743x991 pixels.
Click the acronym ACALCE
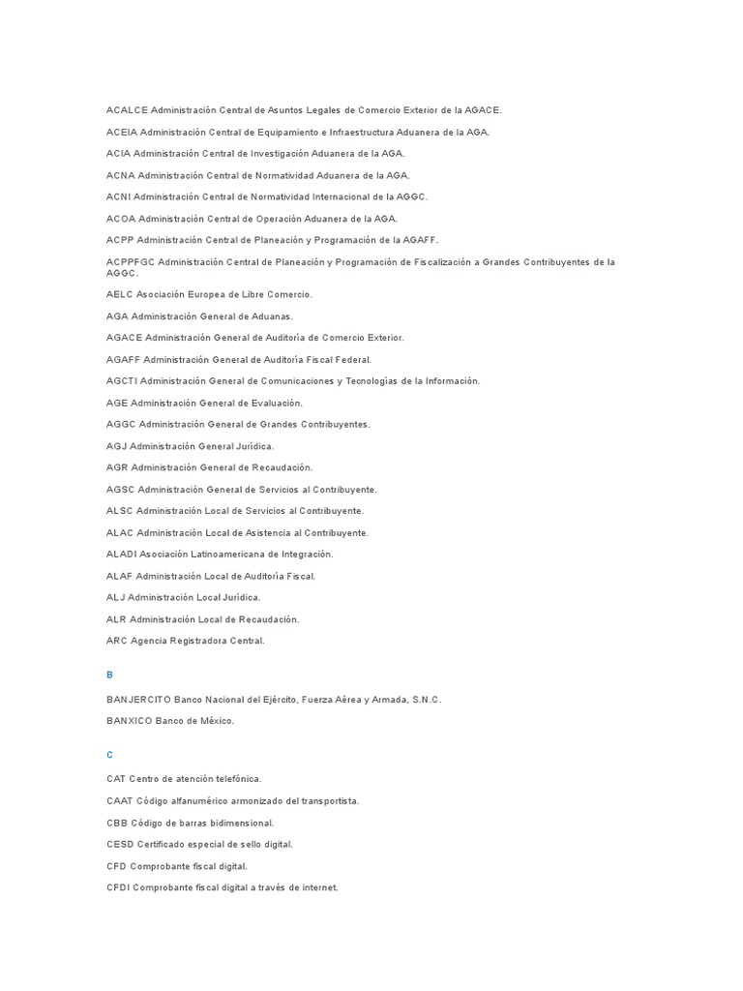(127, 110)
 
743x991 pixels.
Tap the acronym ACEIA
(122, 132)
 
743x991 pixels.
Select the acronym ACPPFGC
(131, 262)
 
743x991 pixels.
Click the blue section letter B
(110, 675)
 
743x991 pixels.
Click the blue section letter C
(110, 754)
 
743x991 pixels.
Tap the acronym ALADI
(122, 555)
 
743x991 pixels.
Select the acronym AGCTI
(123, 381)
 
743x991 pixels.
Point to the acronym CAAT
(120, 801)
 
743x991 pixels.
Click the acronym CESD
(120, 845)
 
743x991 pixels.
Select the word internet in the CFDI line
(319, 887)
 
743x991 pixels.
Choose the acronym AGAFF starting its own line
(124, 359)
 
